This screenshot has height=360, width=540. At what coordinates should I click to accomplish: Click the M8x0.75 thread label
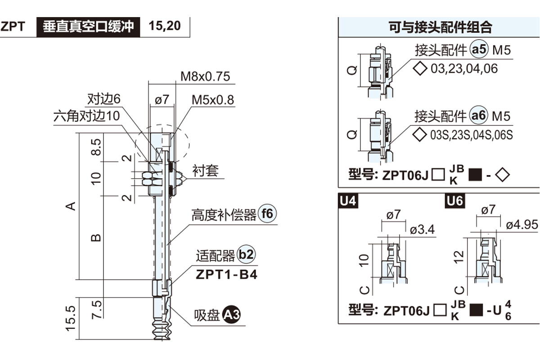[x=205, y=76]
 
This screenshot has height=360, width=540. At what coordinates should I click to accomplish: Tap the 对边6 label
[x=104, y=99]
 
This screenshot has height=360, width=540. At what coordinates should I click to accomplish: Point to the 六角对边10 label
[x=87, y=116]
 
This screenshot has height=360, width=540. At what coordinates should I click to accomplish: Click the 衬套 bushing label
[x=205, y=171]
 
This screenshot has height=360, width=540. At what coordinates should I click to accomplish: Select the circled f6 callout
[x=267, y=214]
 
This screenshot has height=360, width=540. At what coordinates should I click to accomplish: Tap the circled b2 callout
[x=246, y=256]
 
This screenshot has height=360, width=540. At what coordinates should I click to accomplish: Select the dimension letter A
[x=70, y=206]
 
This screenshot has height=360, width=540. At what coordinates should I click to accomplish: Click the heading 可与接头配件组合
[x=440, y=27]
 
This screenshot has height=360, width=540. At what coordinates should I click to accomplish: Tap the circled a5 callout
[x=479, y=50]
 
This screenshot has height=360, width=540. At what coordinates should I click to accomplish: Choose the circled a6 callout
[x=479, y=116]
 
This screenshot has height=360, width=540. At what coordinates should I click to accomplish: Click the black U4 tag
[x=348, y=201]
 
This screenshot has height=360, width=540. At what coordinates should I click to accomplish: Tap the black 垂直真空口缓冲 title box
[x=89, y=26]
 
